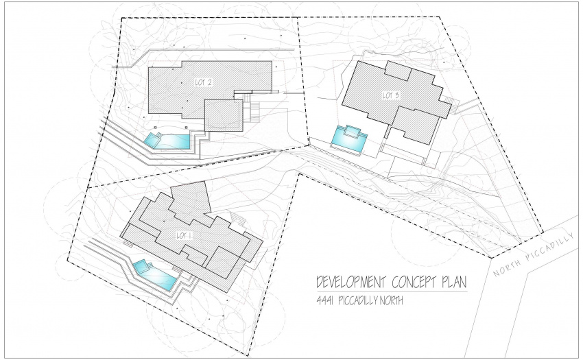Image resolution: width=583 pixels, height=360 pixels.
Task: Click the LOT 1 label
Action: coord(183,236)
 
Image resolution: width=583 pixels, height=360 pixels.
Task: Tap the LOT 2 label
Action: coord(204,82)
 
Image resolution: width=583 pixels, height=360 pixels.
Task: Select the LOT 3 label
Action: coord(391,95)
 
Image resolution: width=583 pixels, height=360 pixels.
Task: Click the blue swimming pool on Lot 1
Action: coord(155,275)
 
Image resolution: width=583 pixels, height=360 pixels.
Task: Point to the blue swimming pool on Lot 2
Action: coord(167,141)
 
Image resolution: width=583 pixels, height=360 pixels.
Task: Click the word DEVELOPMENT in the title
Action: coord(350,283)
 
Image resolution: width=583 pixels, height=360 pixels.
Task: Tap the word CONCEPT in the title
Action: coord(414,283)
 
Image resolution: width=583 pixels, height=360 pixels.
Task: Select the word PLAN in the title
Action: coord(453,283)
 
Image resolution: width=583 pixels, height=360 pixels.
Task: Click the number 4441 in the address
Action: coord(324,300)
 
